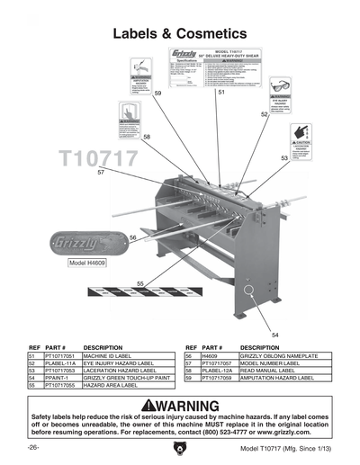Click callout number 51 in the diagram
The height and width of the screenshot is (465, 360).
point(221,92)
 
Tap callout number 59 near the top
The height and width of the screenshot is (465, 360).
point(157,93)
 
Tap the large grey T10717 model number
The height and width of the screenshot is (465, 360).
point(98,159)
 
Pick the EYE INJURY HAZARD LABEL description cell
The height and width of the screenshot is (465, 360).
point(118,363)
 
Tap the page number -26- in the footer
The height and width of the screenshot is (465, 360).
point(33,447)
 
